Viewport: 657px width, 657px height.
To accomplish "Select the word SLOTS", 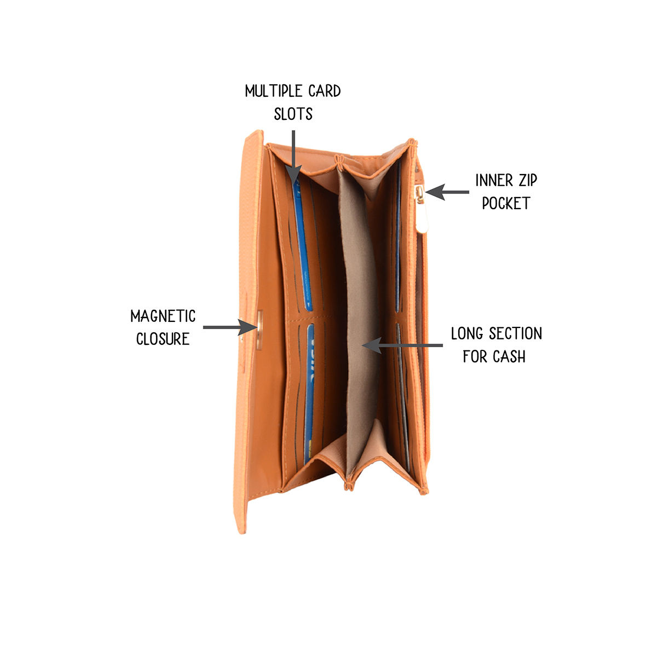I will (293, 114).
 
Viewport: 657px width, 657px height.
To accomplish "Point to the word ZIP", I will (527, 181).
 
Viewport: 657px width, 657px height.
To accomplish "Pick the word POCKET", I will (506, 204).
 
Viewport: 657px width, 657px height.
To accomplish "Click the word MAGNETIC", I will (163, 316).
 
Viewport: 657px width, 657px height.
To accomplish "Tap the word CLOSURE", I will (163, 339).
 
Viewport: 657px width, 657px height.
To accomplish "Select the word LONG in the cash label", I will (468, 333).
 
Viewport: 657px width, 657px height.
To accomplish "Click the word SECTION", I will (515, 333).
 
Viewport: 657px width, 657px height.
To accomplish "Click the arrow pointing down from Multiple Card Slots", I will (294, 156).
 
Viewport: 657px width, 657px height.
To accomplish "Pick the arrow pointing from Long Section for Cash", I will (402, 345).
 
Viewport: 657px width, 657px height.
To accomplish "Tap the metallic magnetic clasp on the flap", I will (259, 328).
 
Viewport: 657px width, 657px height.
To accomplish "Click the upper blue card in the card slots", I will (302, 246).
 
